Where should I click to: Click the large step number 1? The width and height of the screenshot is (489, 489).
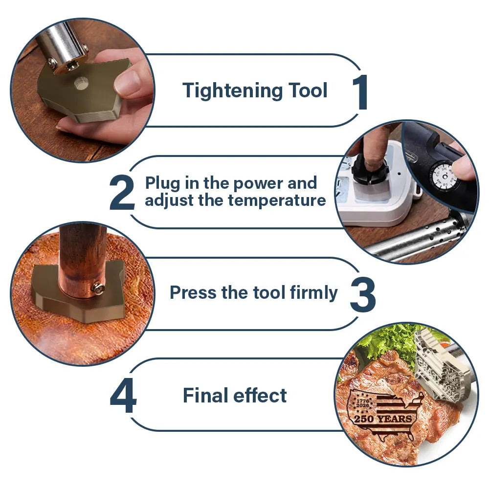(x=361, y=92)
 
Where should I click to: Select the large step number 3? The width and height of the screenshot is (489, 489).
(x=363, y=295)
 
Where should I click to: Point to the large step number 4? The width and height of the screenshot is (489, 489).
(x=123, y=396)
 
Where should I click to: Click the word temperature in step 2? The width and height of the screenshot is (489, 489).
(x=277, y=200)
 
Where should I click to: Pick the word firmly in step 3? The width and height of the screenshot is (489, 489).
(x=313, y=293)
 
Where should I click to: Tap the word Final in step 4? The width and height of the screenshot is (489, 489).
(x=205, y=395)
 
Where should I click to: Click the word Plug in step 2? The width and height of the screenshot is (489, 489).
(x=162, y=184)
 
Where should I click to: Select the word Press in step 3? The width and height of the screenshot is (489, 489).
(x=193, y=292)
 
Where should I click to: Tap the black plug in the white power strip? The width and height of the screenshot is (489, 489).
(x=370, y=168)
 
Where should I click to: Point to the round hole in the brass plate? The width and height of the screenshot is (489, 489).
(x=82, y=83)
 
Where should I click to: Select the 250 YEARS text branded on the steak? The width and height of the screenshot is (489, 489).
(x=383, y=419)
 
